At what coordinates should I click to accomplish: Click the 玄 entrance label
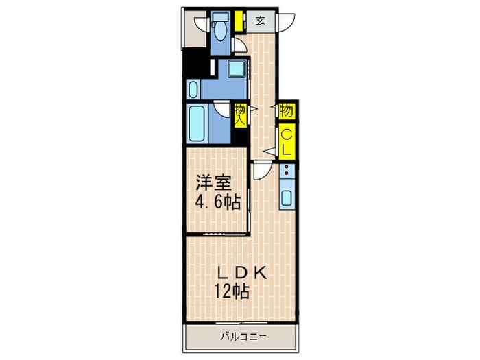[x=261, y=20]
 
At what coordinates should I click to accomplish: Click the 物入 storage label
[x=240, y=115]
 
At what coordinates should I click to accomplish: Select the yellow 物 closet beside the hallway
[x=287, y=109]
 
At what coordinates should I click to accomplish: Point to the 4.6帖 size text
[x=218, y=202]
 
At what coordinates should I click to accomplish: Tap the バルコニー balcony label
[x=243, y=337]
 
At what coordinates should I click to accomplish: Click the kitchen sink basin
[x=287, y=200]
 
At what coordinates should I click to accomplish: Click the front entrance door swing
[x=286, y=22]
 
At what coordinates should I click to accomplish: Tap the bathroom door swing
[x=221, y=108]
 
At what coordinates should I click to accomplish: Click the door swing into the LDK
[x=261, y=169]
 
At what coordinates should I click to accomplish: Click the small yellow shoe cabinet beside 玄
[x=239, y=21]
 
